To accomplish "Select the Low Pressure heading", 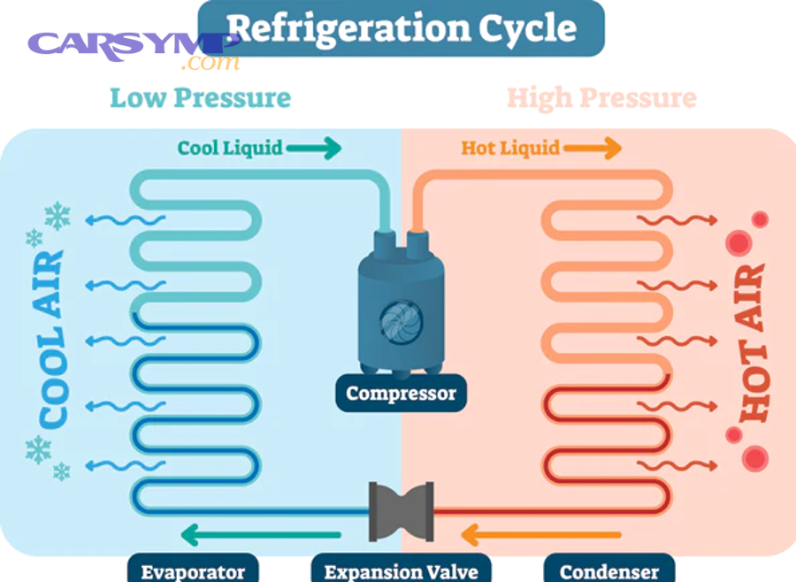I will [200, 97].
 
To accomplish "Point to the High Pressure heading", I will [601, 97].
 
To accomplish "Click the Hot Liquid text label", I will [510, 148].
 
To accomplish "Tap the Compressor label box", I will [401, 393].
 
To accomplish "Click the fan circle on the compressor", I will [395, 319].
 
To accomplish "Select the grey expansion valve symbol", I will [401, 510].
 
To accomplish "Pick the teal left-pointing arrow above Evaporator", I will [260, 534].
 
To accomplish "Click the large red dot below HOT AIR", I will [755, 457].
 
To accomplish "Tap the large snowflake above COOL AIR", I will [57, 214].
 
